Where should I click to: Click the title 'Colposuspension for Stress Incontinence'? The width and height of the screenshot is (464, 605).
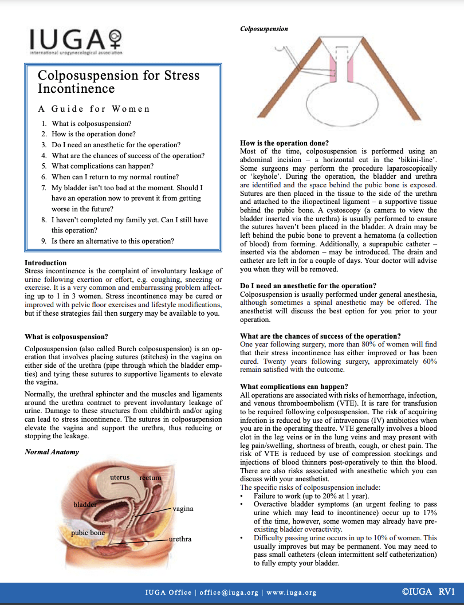pyautogui.click(x=119, y=81)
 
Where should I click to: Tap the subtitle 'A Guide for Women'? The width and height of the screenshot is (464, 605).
pyautogui.click(x=94, y=109)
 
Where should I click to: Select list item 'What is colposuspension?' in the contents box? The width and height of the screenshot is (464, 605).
pyautogui.click(x=92, y=124)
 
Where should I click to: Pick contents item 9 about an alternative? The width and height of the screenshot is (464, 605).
pyautogui.click(x=113, y=241)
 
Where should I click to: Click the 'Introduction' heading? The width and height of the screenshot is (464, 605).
pyautogui.click(x=46, y=263)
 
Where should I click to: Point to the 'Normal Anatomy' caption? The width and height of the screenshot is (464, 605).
pyautogui.click(x=52, y=452)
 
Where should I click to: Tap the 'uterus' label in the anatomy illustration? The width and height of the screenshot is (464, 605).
pyautogui.click(x=120, y=477)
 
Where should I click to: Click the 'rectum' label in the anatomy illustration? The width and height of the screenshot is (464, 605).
pyautogui.click(x=150, y=478)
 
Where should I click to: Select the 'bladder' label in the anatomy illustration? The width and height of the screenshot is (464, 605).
pyautogui.click(x=85, y=504)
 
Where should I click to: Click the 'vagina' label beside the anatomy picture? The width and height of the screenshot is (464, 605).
pyautogui.click(x=183, y=509)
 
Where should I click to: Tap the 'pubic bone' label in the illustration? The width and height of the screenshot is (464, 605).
pyautogui.click(x=88, y=533)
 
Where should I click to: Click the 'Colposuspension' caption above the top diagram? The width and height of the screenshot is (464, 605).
pyautogui.click(x=264, y=29)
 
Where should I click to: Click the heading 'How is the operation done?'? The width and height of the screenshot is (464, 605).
pyautogui.click(x=284, y=143)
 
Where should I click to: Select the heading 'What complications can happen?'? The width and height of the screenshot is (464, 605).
pyautogui.click(x=294, y=386)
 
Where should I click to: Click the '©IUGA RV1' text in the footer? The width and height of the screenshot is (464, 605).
pyautogui.click(x=428, y=592)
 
